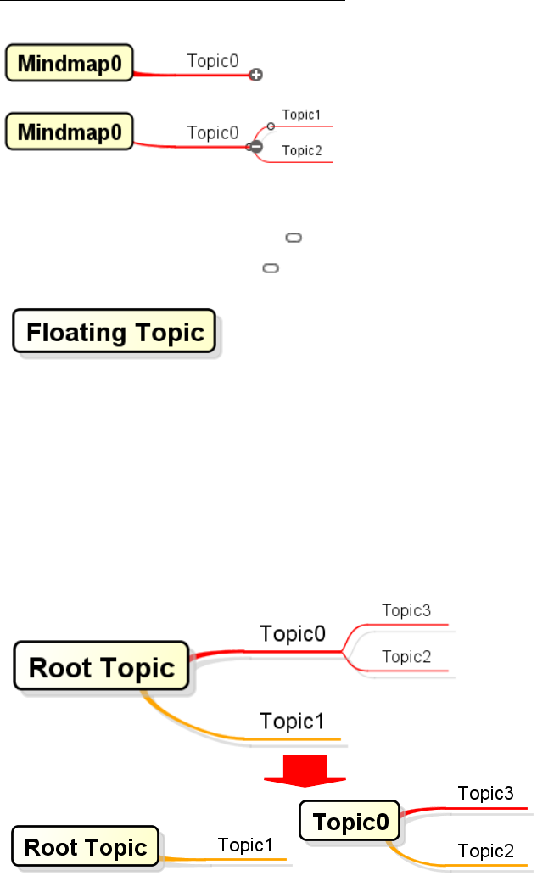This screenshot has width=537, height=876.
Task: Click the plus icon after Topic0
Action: (x=255, y=76)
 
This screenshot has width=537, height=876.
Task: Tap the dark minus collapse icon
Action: (x=255, y=147)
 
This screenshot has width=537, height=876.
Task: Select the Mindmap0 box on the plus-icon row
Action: (x=70, y=63)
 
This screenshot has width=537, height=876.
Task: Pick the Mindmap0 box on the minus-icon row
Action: (x=70, y=132)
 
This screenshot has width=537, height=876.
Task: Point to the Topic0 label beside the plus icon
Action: (x=212, y=61)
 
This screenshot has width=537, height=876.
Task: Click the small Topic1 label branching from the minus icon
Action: (x=301, y=115)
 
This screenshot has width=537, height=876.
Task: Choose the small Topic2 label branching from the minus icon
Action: (x=301, y=151)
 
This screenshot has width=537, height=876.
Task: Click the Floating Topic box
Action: (x=115, y=332)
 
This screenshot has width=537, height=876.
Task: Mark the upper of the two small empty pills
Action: (x=294, y=239)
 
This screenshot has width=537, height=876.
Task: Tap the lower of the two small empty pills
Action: (x=271, y=268)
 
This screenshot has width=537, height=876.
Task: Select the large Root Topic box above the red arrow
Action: (x=102, y=666)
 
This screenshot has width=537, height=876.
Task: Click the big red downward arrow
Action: (x=304, y=768)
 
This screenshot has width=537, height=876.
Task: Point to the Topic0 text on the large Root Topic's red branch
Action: (x=293, y=635)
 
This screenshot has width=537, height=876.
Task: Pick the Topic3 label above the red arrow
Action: (x=406, y=610)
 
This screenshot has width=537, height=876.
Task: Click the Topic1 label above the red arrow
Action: (x=292, y=722)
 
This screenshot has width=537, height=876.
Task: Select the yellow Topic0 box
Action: (x=350, y=822)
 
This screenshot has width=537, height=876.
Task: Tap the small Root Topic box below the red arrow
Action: (x=85, y=846)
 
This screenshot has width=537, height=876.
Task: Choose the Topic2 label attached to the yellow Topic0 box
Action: (x=485, y=851)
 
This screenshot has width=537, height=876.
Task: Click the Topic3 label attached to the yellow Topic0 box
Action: (x=485, y=794)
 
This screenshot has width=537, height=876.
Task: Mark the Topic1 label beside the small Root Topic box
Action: (x=245, y=845)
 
